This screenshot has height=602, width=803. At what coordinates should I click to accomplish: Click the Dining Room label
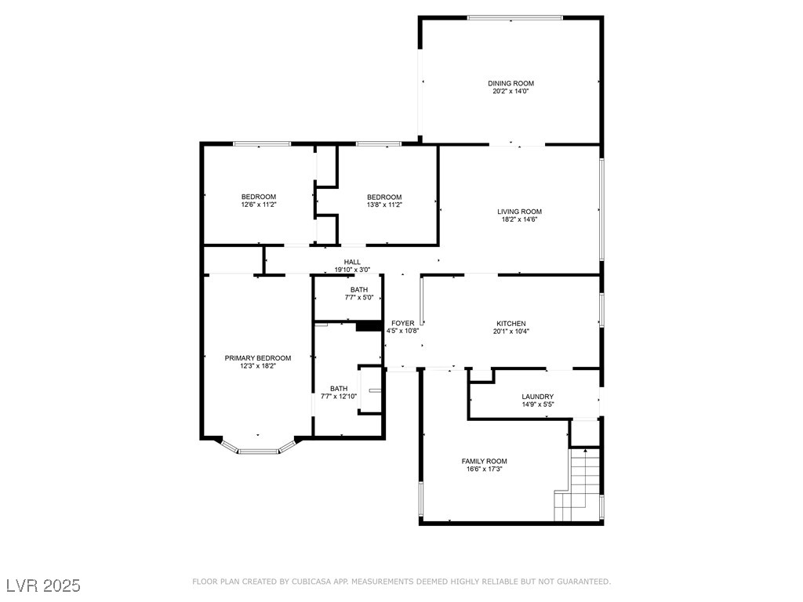[511, 83]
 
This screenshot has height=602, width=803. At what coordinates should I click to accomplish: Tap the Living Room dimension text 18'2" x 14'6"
[519, 219]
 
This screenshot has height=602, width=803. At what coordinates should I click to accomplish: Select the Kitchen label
[511, 324]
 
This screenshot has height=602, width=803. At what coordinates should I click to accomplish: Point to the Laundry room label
[538, 397]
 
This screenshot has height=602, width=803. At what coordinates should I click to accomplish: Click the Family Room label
[485, 461]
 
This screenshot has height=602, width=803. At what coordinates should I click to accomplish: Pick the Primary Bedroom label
[257, 358]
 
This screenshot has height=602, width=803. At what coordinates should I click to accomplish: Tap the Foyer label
[403, 324]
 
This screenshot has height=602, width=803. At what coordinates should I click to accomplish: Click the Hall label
[352, 262]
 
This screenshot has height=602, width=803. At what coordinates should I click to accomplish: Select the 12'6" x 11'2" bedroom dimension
[259, 205]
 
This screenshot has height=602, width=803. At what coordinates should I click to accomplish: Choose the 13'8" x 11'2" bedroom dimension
[384, 205]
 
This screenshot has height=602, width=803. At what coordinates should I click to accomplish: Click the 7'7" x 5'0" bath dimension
[359, 297]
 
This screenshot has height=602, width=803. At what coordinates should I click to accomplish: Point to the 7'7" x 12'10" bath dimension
[339, 396]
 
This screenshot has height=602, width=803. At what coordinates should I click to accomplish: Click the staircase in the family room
[577, 484]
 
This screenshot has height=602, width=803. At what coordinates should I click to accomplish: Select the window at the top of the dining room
[515, 18]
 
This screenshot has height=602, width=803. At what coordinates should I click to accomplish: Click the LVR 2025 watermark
[44, 586]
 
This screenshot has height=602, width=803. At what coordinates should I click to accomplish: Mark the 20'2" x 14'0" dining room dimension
[511, 92]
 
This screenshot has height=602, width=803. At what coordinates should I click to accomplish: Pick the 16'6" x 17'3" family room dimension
[485, 469]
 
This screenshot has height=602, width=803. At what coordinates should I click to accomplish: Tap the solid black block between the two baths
[369, 326]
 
